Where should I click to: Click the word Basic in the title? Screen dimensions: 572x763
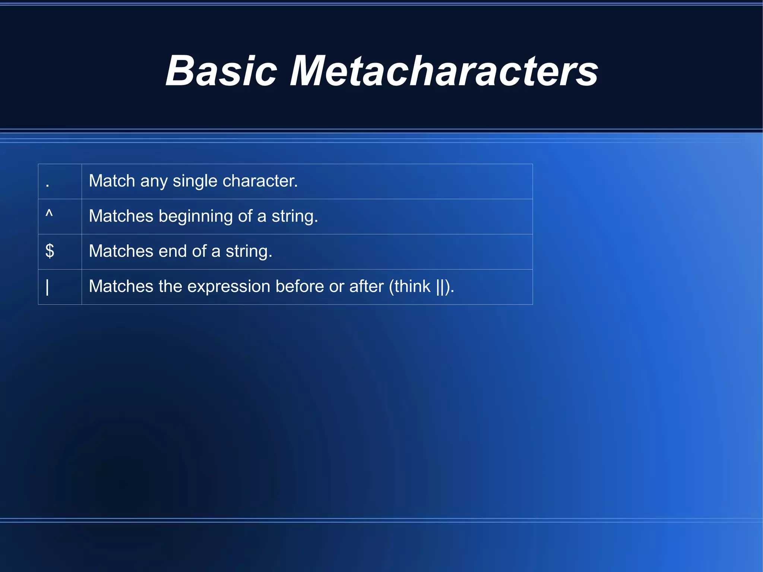click(x=221, y=71)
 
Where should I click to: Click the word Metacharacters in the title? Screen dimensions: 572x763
click(x=444, y=71)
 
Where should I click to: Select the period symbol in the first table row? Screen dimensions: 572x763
click(x=47, y=185)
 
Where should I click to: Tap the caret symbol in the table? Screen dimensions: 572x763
click(x=49, y=214)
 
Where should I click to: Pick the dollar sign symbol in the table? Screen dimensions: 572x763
click(x=50, y=251)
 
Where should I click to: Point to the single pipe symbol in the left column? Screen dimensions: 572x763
click(x=47, y=287)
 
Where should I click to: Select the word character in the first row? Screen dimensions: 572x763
click(x=260, y=181)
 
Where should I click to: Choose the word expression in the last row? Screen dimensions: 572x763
click(x=228, y=287)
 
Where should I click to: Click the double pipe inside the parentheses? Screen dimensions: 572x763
click(x=440, y=287)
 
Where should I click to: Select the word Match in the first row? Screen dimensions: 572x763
click(x=112, y=181)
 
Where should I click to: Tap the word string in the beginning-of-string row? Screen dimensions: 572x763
click(x=294, y=217)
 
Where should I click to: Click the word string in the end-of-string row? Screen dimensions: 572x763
click(x=248, y=252)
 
